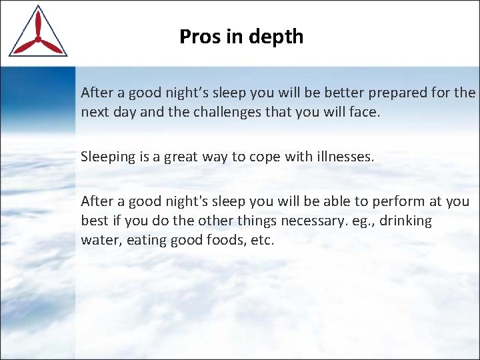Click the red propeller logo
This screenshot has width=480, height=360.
pos(37,33)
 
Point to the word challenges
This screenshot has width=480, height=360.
pos(225,113)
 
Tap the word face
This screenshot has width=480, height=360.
pos(365,113)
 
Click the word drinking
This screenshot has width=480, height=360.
pos(406,221)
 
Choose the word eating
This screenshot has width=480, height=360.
pos(146,240)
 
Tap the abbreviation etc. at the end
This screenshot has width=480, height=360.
pos(263,240)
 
